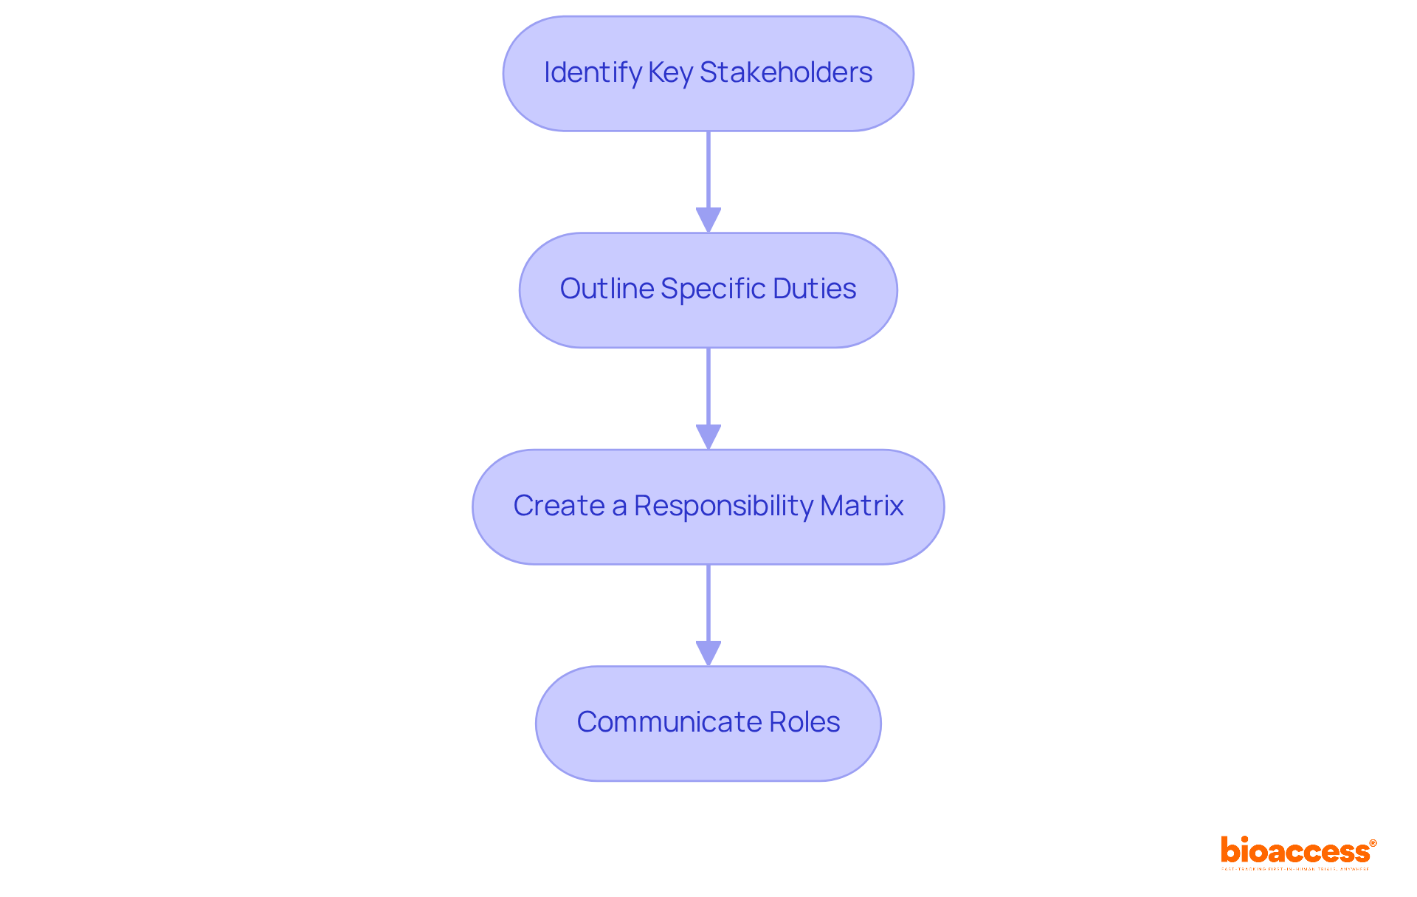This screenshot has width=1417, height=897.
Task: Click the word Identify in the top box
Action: click(593, 72)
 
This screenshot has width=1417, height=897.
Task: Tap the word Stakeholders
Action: click(786, 72)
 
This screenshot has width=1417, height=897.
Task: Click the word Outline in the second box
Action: click(607, 289)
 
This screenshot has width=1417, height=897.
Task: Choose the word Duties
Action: click(815, 289)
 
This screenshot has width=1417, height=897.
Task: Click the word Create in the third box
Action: click(559, 506)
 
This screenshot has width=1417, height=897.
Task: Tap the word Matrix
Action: click(862, 506)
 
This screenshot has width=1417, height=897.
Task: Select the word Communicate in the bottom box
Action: click(669, 722)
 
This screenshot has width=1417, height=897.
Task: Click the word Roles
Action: click(804, 722)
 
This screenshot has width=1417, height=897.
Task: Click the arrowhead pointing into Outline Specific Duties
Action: click(708, 220)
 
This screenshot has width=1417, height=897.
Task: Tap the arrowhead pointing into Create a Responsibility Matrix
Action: click(708, 436)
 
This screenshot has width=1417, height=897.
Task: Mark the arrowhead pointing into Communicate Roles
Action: click(708, 653)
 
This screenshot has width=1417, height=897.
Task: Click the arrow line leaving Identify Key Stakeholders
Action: click(708, 170)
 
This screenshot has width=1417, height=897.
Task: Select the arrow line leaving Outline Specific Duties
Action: click(708, 386)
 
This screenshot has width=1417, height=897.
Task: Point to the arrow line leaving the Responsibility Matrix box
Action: click(708, 603)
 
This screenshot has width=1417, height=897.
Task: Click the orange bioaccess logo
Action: click(1294, 850)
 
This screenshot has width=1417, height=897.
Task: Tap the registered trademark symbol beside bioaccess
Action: click(1373, 843)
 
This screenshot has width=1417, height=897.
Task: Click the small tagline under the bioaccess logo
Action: click(1295, 869)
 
